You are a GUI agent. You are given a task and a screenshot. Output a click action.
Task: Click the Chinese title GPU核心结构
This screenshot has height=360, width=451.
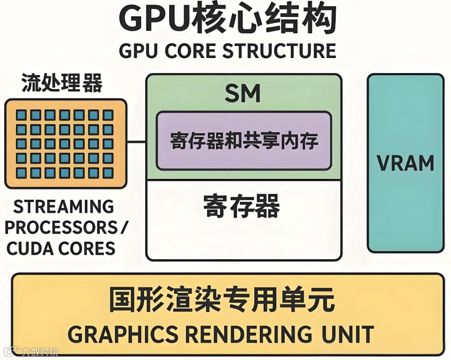point(228,19)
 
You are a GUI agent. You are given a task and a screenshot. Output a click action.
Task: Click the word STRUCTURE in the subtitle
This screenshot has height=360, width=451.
point(279,51)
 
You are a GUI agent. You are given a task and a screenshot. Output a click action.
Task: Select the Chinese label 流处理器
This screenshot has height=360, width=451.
point(62,83)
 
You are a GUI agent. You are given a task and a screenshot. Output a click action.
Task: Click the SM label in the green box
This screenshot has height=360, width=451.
point(243,93)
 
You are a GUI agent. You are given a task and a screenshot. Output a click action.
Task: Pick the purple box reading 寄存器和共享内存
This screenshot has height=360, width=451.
point(243,141)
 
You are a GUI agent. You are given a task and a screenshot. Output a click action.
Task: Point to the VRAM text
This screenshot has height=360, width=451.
point(405,163)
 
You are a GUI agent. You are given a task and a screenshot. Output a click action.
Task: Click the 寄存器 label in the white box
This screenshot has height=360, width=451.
point(242,206)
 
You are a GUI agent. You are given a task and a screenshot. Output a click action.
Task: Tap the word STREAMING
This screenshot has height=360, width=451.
point(63,207)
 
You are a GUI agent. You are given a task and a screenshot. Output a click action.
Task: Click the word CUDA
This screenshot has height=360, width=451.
point(30,249)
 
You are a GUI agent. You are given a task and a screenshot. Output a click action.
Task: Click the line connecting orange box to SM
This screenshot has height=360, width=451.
point(136,142)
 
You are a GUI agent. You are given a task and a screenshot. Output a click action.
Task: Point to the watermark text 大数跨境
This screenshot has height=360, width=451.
point(41,352)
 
